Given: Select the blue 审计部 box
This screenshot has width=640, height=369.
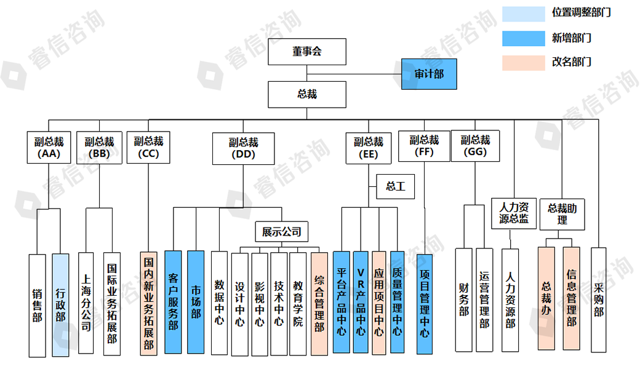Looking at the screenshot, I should [429, 74].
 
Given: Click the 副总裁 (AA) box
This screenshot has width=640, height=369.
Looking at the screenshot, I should [49, 147].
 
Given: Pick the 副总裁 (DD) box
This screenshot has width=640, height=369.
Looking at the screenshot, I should [243, 148].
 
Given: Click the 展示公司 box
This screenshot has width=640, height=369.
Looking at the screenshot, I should [282, 232].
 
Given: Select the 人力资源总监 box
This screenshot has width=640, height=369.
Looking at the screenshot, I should [514, 213].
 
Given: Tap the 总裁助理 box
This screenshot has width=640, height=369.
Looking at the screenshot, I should [562, 213].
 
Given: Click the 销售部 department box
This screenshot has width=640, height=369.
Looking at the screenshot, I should [38, 305].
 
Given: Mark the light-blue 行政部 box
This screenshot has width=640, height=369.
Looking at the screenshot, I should [60, 305].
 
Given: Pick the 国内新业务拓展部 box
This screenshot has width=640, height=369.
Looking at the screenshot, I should [148, 303].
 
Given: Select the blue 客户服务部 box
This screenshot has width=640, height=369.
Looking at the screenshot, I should [174, 302].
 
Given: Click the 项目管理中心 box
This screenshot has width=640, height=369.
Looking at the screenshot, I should [425, 304].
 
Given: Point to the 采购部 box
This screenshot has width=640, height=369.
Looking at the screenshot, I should [599, 300].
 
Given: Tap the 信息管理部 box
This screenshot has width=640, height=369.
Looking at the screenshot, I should [571, 298].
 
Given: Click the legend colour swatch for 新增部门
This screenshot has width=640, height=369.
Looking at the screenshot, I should [524, 38].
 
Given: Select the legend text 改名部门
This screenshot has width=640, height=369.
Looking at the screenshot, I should [572, 62].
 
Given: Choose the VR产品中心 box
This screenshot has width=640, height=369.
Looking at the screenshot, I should [361, 302].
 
